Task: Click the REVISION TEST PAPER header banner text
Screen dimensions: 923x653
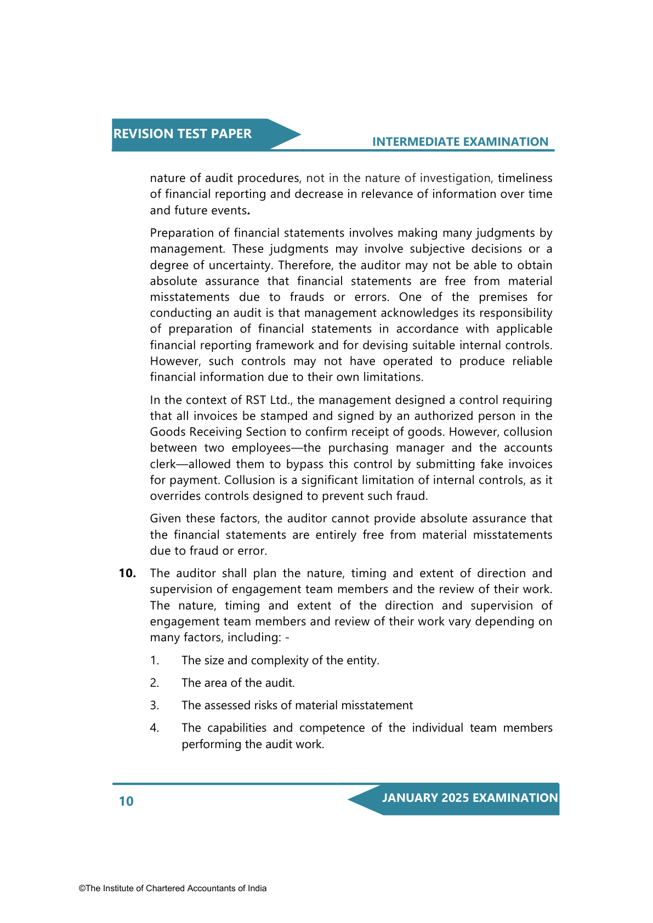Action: click(182, 134)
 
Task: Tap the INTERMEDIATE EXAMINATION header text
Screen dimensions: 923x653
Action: click(460, 142)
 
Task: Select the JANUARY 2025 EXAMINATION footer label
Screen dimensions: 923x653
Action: click(470, 798)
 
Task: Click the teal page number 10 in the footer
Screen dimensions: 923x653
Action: click(126, 801)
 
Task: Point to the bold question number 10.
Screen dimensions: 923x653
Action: click(127, 573)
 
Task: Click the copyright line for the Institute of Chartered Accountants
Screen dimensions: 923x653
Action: click(173, 888)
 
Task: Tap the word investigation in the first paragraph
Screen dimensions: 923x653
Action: click(456, 178)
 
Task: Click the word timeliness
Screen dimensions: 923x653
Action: click(525, 178)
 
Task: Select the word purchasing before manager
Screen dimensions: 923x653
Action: click(358, 448)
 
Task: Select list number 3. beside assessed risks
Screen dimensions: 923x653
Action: click(155, 705)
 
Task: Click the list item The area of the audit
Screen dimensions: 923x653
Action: click(238, 683)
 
